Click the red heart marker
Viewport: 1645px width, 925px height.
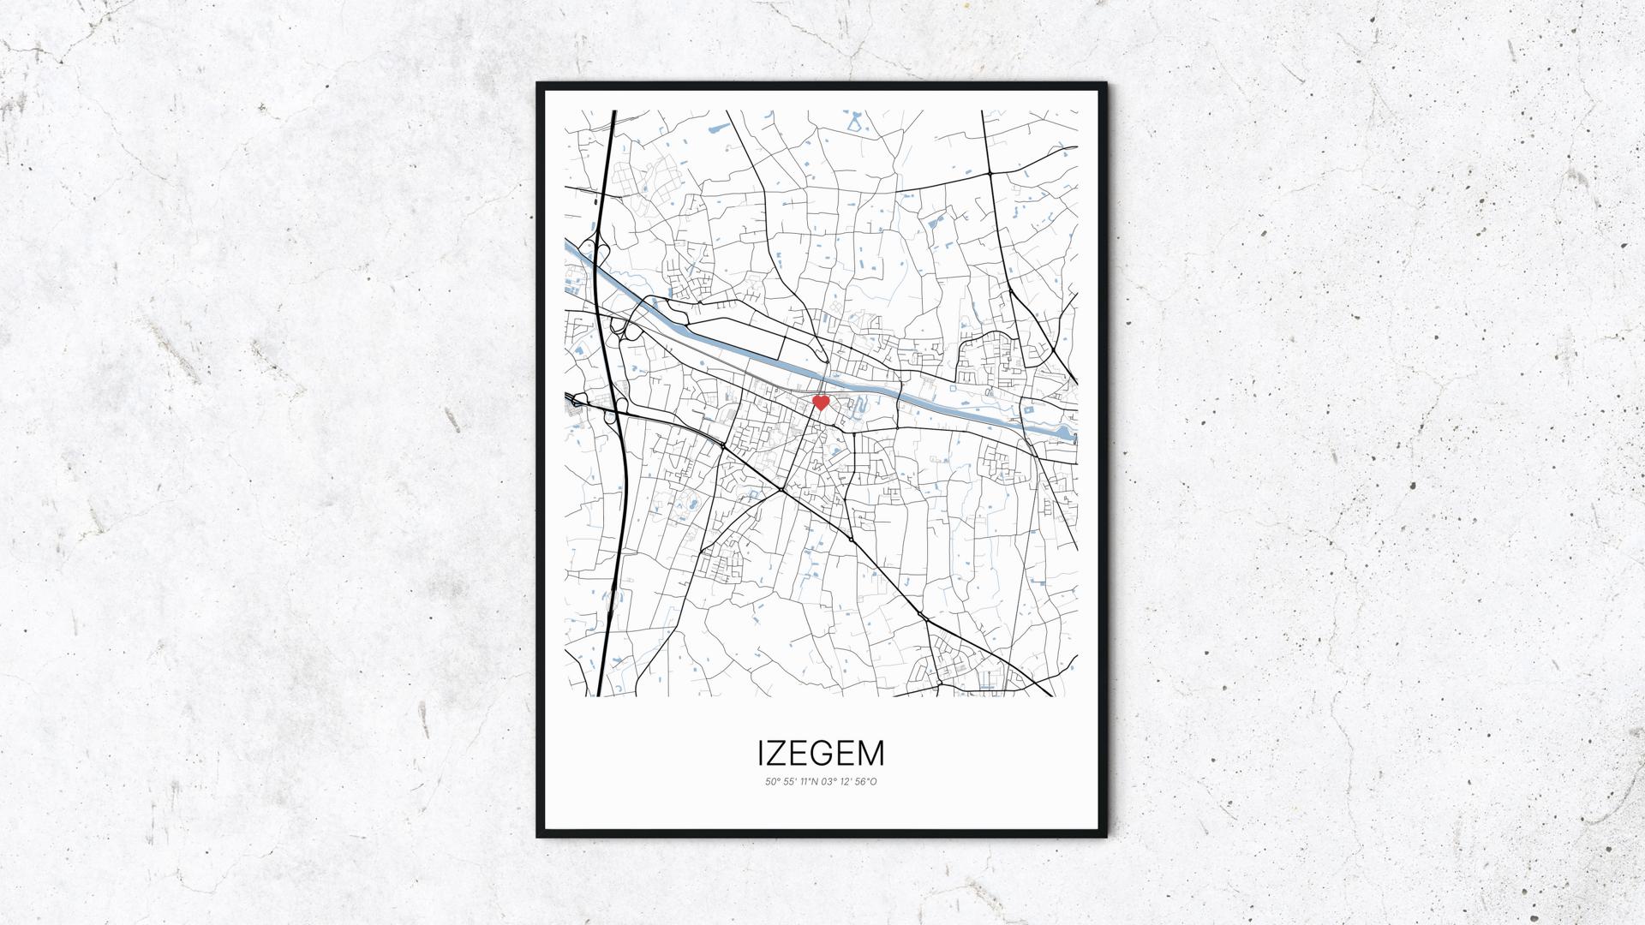click(820, 402)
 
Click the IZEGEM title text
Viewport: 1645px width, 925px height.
click(821, 753)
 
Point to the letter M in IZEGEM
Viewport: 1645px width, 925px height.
click(870, 753)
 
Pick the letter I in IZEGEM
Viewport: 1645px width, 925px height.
click(761, 753)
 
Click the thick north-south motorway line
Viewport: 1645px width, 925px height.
click(606, 514)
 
